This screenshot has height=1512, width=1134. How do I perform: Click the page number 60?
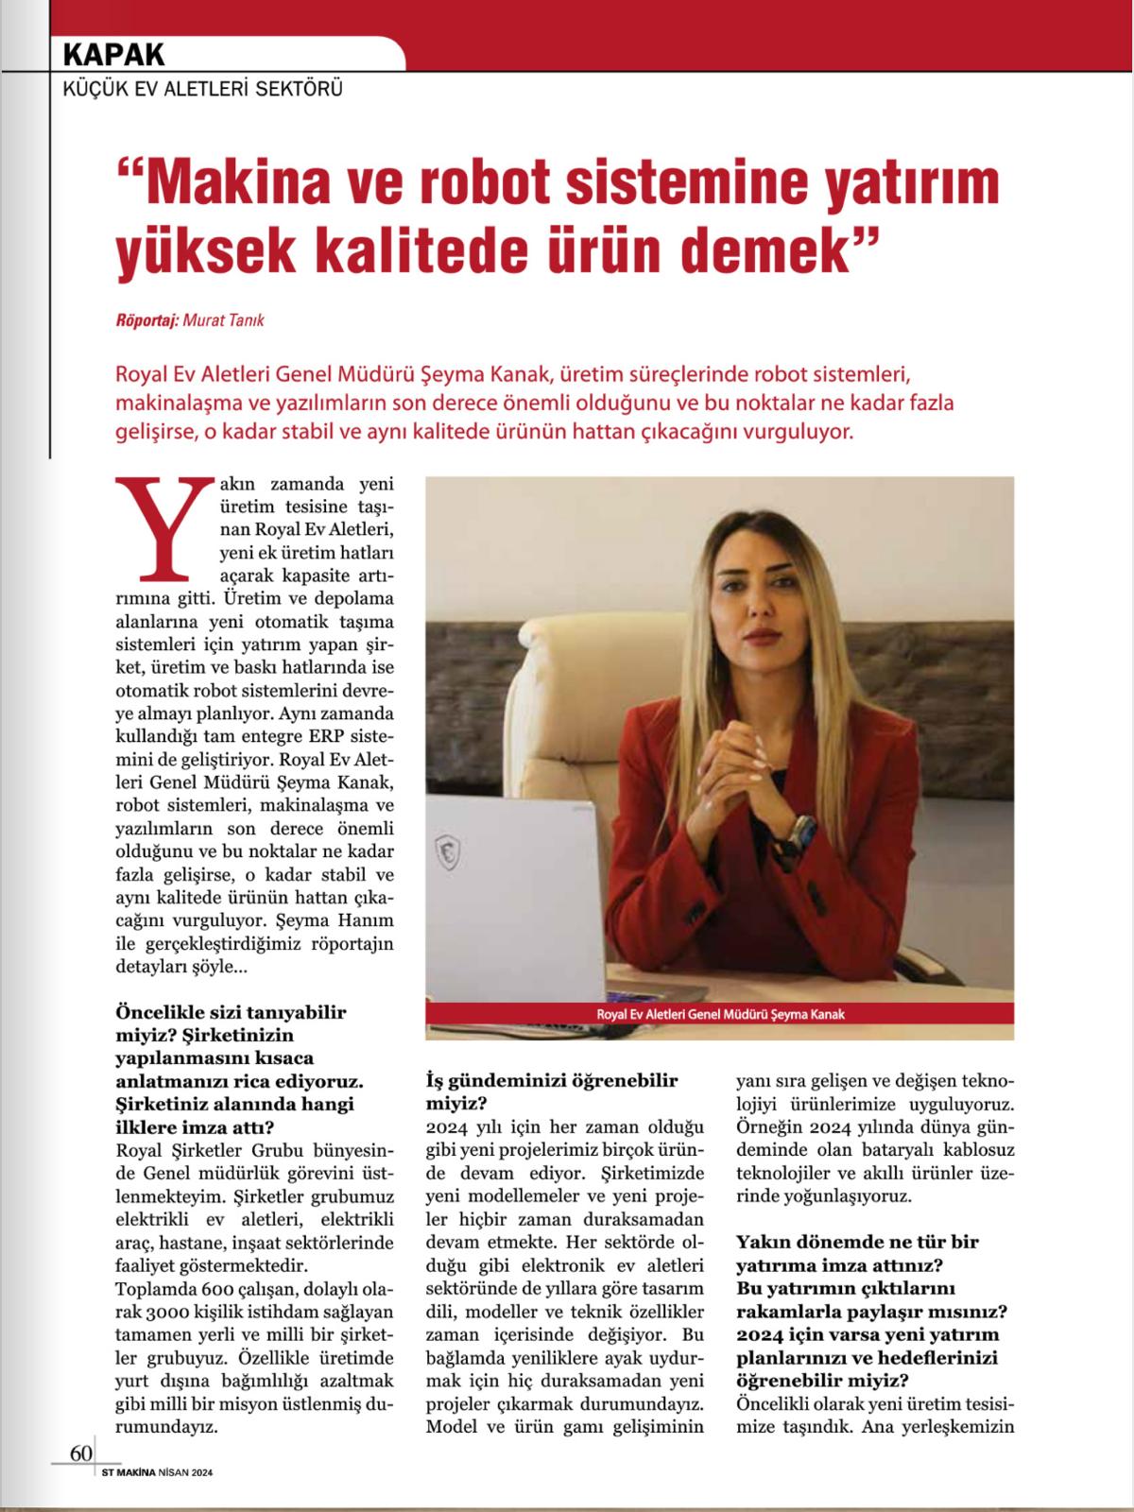tap(80, 1452)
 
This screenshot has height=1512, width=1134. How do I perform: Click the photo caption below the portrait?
tap(719, 1013)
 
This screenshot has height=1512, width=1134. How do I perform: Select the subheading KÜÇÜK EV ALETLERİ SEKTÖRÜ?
tap(201, 91)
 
